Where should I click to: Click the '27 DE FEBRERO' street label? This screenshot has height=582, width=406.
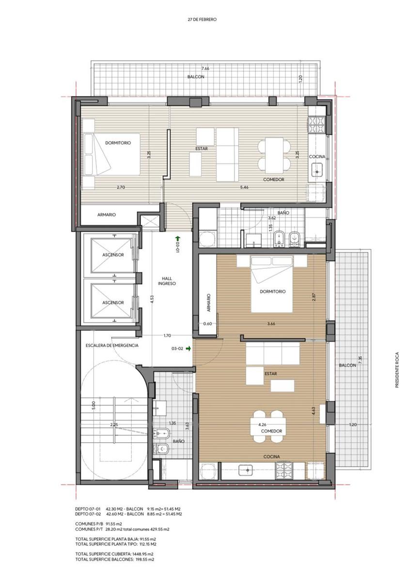tap(202, 19)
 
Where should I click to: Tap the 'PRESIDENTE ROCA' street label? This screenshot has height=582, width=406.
tap(397, 370)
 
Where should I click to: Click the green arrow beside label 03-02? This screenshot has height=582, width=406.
tap(188, 348)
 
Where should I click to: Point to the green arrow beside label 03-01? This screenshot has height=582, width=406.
tap(177, 238)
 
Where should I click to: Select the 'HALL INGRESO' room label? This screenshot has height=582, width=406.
tap(167, 281)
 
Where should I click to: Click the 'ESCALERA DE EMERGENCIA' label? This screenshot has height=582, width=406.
tap(112, 345)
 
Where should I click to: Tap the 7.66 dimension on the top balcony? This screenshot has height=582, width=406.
tap(205, 68)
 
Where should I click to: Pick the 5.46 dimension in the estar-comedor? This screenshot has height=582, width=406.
tap(244, 187)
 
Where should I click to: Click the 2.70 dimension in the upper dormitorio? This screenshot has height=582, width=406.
tap(121, 187)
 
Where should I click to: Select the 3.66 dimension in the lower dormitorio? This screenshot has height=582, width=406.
tap(271, 324)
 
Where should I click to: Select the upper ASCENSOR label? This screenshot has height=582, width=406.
tap(113, 255)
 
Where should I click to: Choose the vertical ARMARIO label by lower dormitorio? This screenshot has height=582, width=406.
tap(208, 303)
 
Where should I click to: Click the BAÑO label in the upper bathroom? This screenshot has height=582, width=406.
tap(283, 212)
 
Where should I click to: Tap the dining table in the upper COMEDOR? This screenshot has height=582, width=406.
tap(274, 155)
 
